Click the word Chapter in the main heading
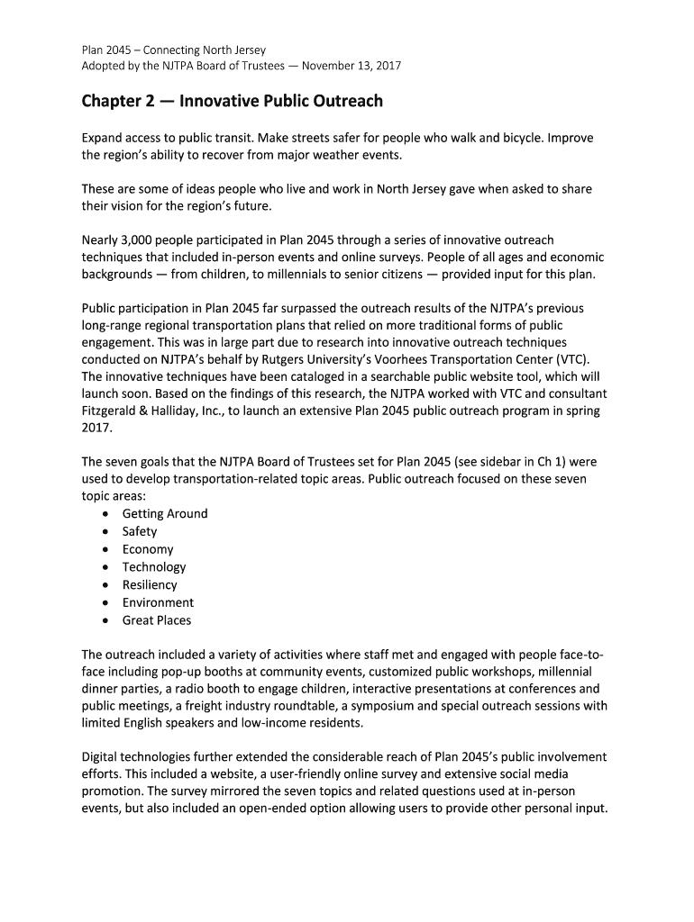(110, 101)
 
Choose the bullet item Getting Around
(165, 514)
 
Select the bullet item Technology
(154, 567)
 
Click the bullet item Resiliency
(150, 585)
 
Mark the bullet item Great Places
(157, 620)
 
